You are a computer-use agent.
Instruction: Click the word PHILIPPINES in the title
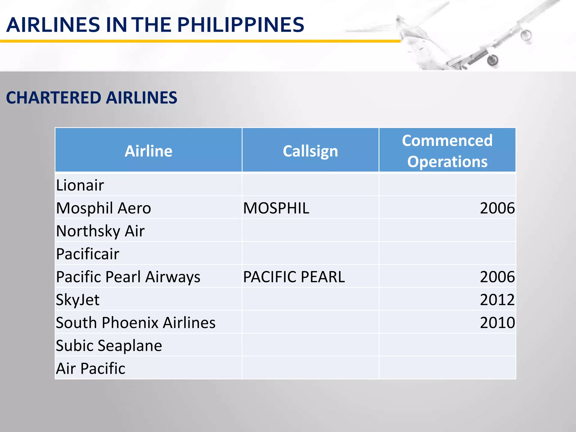pos(240,25)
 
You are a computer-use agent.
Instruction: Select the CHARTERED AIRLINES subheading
pos(92,98)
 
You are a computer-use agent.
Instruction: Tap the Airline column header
pos(148,151)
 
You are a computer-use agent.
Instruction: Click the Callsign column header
pos(310,151)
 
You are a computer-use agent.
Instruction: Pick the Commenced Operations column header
pos(447,151)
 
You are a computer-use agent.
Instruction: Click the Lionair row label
pos(80,185)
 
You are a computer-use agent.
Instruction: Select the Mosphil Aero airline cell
pos(103,208)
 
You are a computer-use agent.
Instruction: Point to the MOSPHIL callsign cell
pos(276,208)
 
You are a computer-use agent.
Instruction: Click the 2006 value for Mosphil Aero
pos(497,208)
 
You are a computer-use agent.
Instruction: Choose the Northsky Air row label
pos(100,231)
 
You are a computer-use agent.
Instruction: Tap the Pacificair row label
pos(88,254)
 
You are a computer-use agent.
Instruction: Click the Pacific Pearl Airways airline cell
pos(128,277)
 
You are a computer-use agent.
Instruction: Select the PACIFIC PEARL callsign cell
pos(294,277)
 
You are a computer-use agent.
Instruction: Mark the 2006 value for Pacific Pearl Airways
pos(497,277)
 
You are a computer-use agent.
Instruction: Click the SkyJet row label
pos(78,300)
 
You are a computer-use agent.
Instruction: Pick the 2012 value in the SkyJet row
pos(497,300)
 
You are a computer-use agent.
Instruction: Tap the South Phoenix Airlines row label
pos(136,323)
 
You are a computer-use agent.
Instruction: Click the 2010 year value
pos(497,323)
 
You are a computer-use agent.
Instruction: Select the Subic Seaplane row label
pos(109,345)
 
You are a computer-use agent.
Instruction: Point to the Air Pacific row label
pos(91,368)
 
